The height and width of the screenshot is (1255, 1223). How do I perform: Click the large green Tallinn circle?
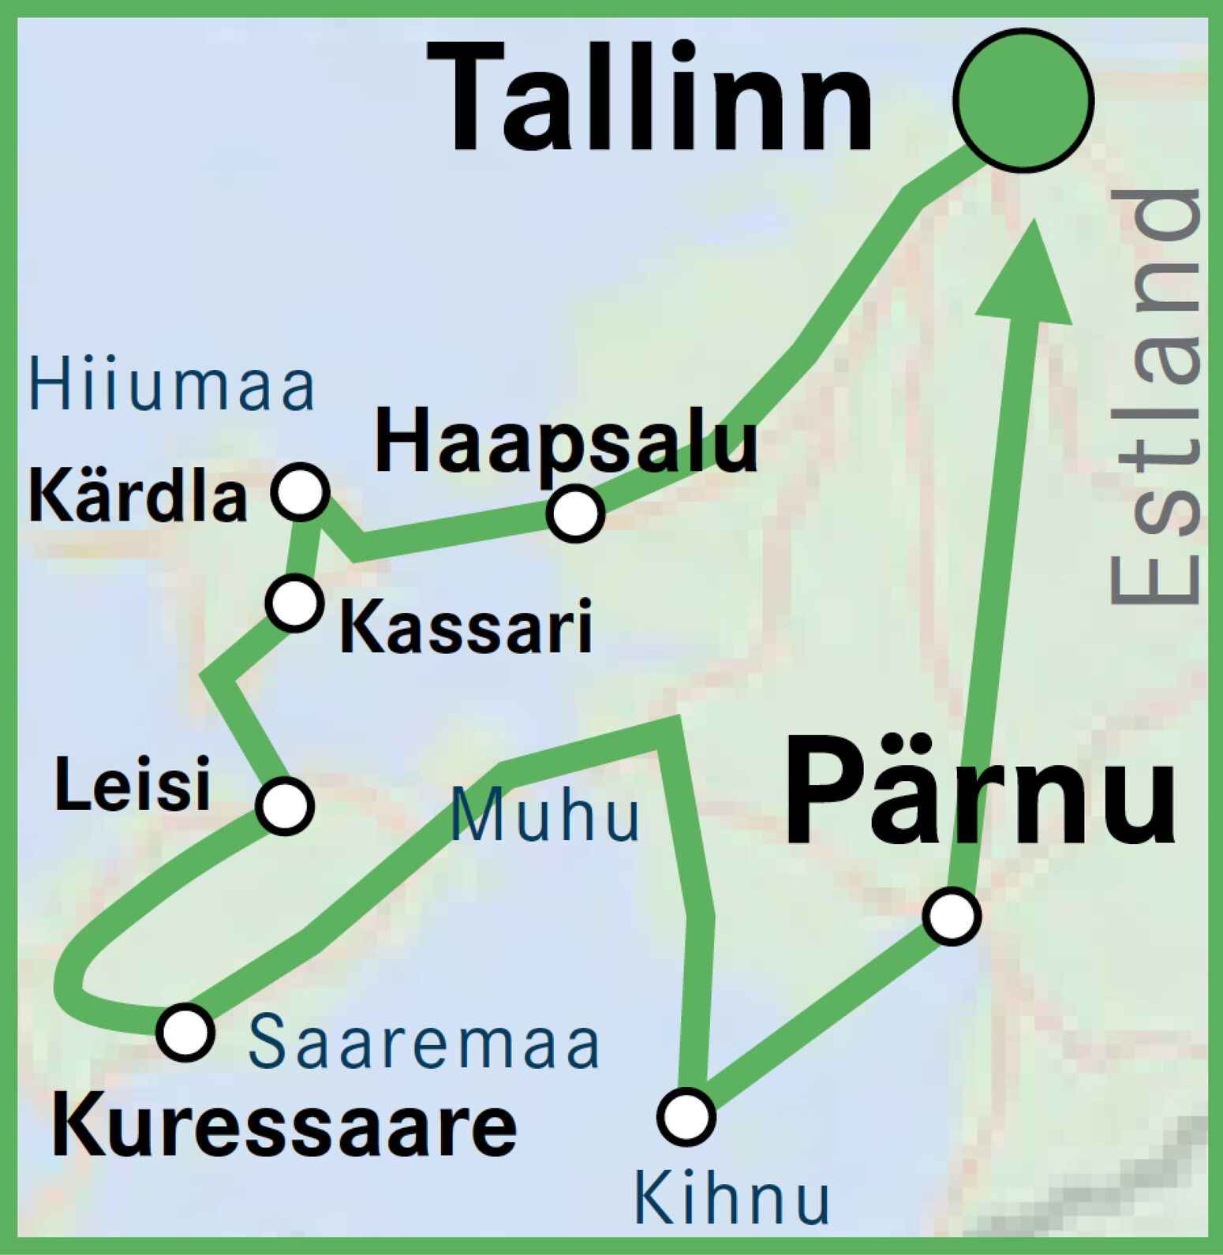pyautogui.click(x=1023, y=99)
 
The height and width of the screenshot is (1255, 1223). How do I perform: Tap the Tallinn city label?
pyautogui.click(x=650, y=98)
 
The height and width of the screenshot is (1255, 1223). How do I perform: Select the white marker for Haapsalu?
pyautogui.click(x=576, y=514)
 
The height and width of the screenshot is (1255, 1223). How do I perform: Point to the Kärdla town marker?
pyautogui.click(x=300, y=491)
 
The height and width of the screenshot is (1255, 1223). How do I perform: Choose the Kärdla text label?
pyautogui.click(x=137, y=498)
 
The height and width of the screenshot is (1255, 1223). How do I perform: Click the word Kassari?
pyautogui.click(x=466, y=628)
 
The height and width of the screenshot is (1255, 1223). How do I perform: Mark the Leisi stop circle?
pyautogui.click(x=285, y=805)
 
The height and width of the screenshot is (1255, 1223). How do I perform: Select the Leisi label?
pyautogui.click(x=133, y=784)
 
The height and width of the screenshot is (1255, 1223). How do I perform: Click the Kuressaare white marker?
pyautogui.click(x=185, y=1032)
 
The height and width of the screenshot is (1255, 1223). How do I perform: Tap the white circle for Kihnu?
pyautogui.click(x=686, y=1116)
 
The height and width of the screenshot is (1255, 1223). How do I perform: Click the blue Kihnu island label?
pyautogui.click(x=731, y=1199)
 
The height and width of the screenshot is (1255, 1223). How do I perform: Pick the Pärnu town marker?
pyautogui.click(x=952, y=916)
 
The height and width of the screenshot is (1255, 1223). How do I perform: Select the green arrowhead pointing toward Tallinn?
pyautogui.click(x=1027, y=277)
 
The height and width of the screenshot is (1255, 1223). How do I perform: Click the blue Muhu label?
pyautogui.click(x=545, y=816)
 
